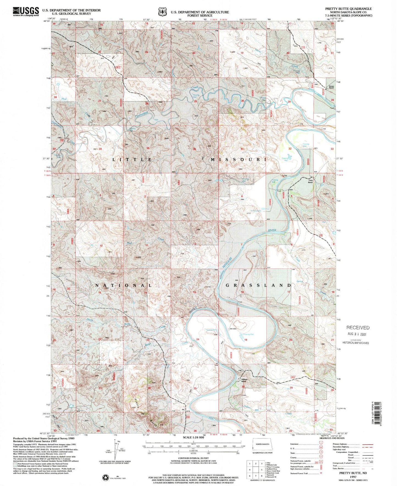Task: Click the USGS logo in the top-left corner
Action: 26,11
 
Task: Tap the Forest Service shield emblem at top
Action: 162,12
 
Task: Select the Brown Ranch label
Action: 332,88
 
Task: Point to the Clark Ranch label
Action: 310,181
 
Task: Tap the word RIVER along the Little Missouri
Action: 272,230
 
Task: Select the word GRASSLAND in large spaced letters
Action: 258,285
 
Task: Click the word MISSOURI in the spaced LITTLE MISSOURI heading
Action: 238,160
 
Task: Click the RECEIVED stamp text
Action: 358,328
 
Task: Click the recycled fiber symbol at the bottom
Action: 106,477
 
